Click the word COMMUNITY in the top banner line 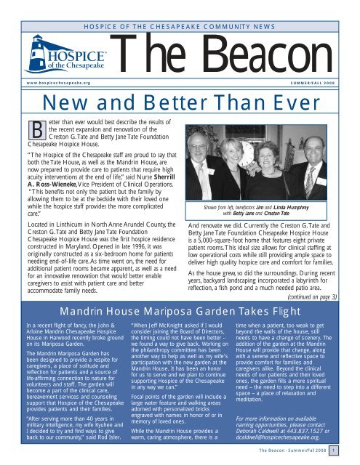coord(196,7)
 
